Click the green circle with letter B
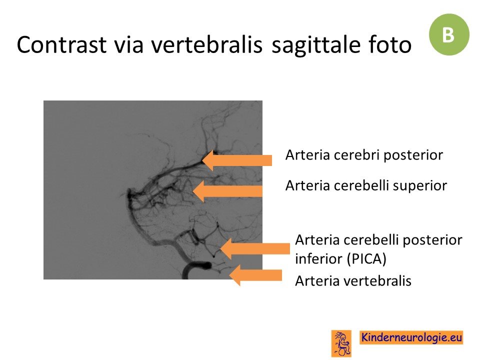[449, 34]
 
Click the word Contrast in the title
[61, 44]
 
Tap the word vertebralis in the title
[206, 44]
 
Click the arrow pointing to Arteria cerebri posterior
[237, 160]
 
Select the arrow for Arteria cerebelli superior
[227, 191]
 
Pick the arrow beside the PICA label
[254, 248]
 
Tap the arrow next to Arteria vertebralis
[255, 275]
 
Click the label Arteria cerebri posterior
[364, 155]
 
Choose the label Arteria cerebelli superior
[366, 186]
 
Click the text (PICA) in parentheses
[366, 259]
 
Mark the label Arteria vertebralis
[353, 280]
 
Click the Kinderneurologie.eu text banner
[411, 337]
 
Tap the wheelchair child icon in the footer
[341, 343]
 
